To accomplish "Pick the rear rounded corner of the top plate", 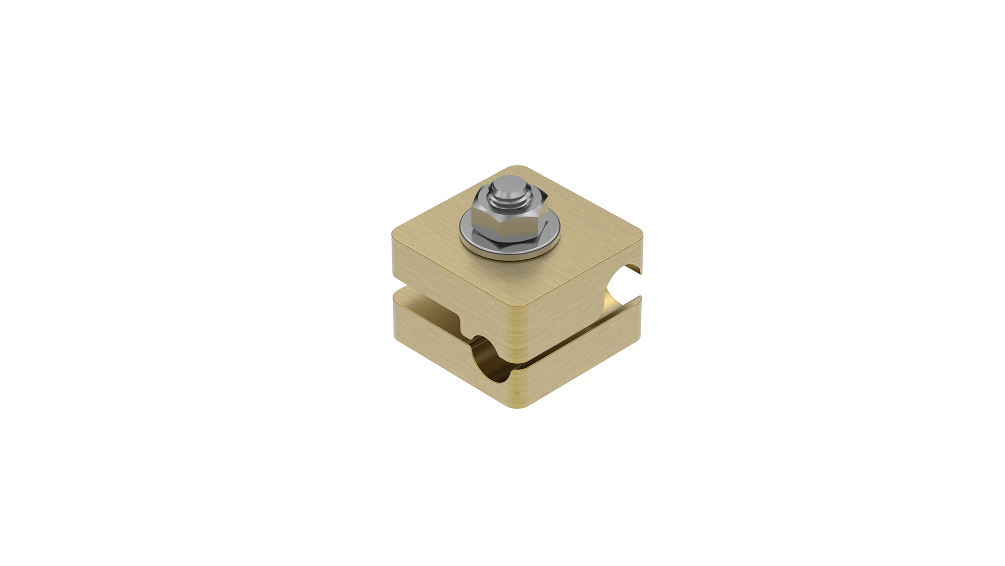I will coord(518,168).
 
